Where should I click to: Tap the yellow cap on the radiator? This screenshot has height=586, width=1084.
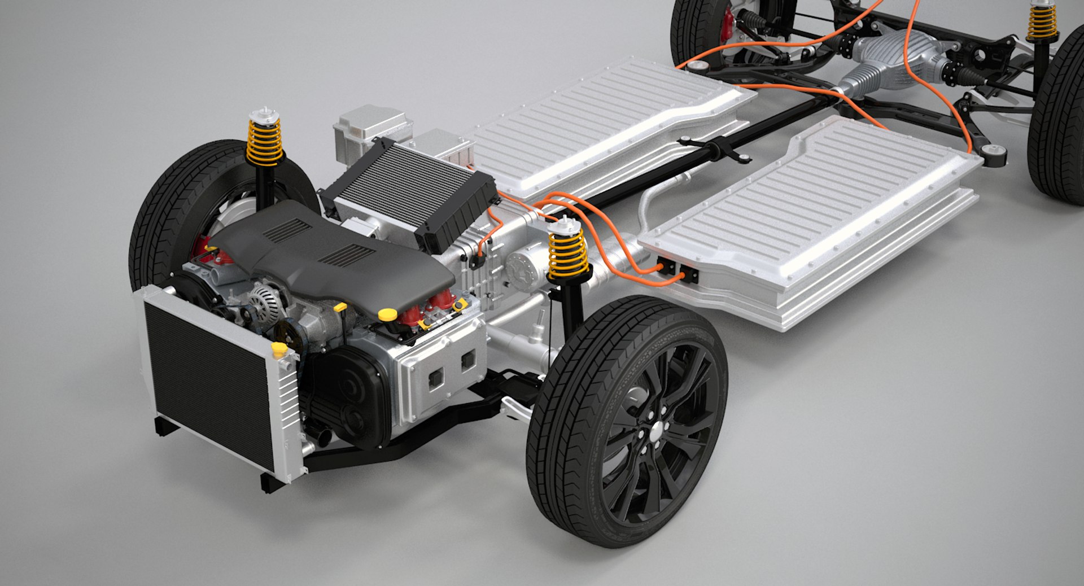pos(278,349)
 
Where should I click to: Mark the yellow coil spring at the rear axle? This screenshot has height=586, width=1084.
pos(1041,23)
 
